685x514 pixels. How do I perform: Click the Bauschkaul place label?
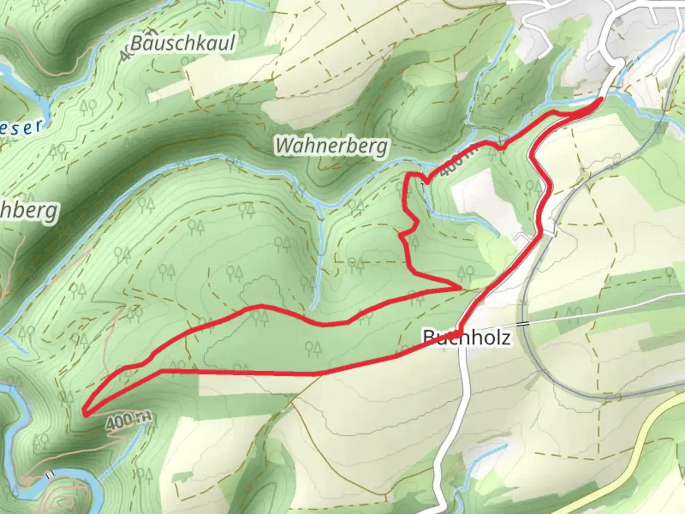tap(183, 43)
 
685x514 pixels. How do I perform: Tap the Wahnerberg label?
tap(332, 146)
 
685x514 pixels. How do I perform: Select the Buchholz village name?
tap(467, 338)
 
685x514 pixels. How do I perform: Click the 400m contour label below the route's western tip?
tap(129, 422)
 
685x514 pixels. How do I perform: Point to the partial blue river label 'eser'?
tap(21, 127)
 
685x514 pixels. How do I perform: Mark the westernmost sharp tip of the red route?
tap(84, 412)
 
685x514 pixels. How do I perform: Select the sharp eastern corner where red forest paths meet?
tap(460, 288)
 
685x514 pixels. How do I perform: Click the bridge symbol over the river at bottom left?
tap(49, 474)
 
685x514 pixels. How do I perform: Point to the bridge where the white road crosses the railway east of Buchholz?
tap(524, 324)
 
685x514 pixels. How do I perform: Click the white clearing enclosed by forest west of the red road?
tap(480, 200)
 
